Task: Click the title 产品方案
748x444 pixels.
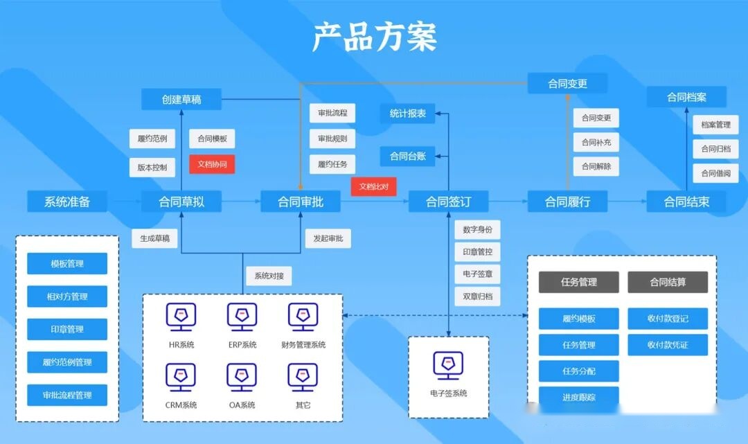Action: [x=374, y=36]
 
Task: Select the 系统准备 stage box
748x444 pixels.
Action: [x=67, y=202]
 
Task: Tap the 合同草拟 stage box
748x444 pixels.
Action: [x=181, y=202]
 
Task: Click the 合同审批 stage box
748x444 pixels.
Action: [x=300, y=202]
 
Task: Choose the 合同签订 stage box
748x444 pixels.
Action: [x=448, y=202]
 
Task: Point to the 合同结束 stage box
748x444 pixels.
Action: [x=686, y=202]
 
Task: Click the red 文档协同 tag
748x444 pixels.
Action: [x=212, y=165]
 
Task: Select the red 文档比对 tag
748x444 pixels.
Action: [x=373, y=186]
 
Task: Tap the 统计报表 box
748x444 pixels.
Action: [x=408, y=114]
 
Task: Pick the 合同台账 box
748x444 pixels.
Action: [x=408, y=156]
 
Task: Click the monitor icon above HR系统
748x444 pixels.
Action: [x=181, y=317]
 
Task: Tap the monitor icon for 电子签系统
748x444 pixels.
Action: [x=448, y=365]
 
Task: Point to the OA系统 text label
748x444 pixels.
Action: [x=242, y=405]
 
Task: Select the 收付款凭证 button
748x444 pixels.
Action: [x=668, y=345]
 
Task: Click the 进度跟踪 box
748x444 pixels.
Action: [x=578, y=397]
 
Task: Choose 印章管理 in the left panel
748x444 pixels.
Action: [x=67, y=329]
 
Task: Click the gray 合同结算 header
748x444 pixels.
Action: [x=668, y=282]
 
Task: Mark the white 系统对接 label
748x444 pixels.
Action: [x=268, y=276]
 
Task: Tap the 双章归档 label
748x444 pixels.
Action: [x=478, y=296]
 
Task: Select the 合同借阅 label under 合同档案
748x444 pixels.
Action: [x=715, y=173]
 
